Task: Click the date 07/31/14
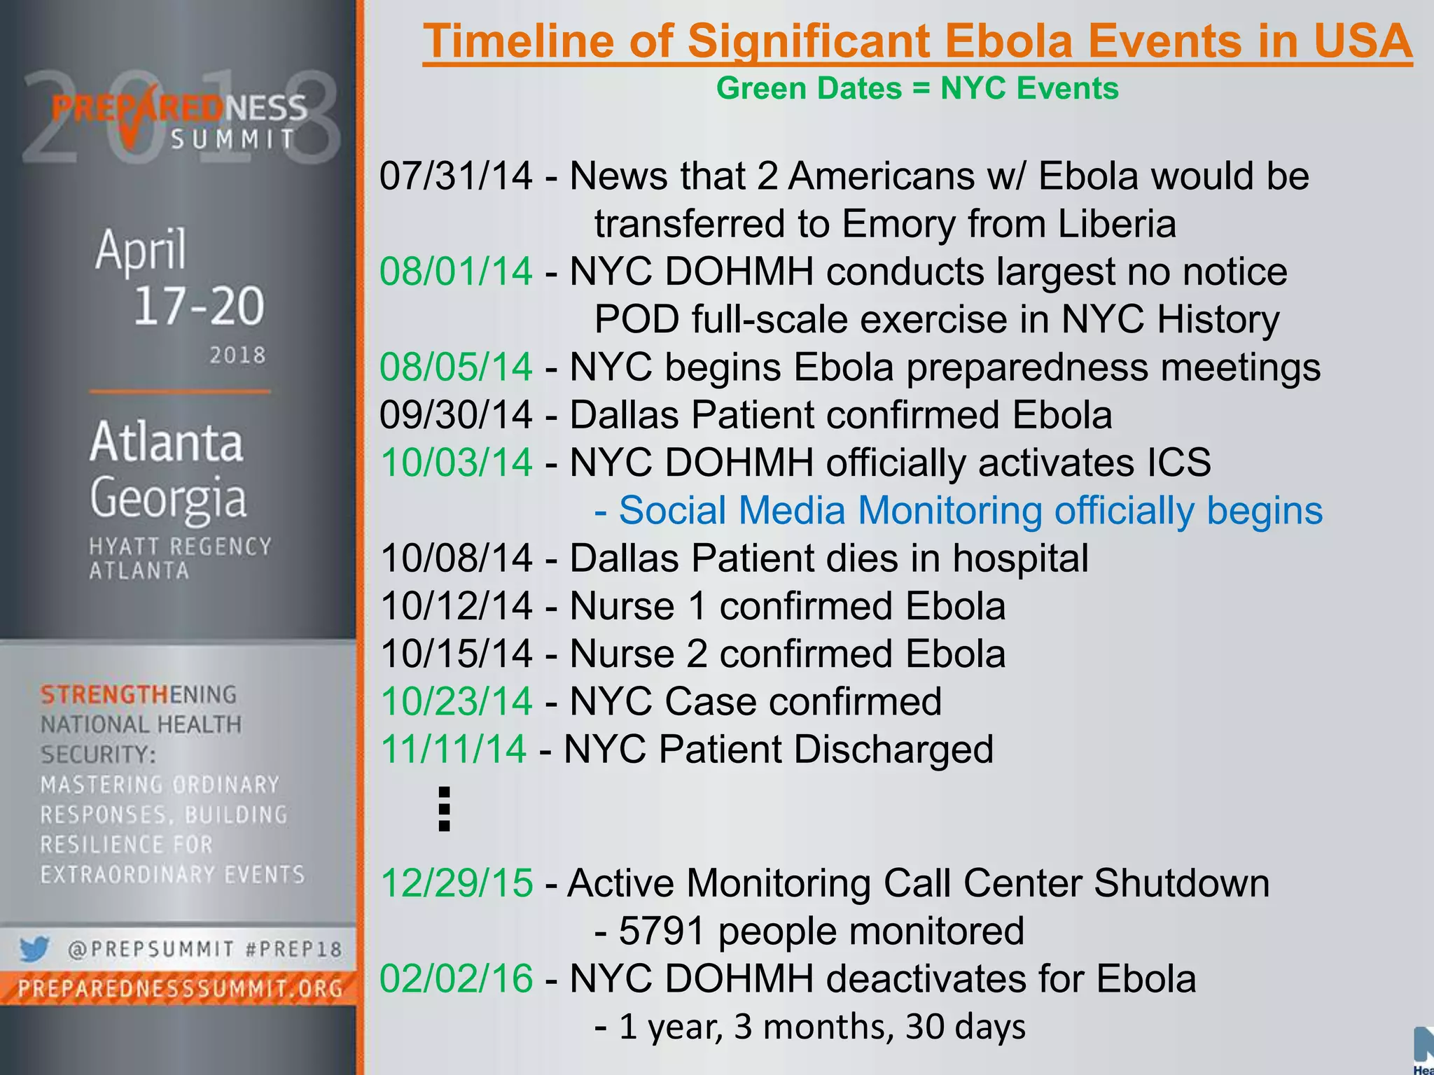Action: (x=456, y=176)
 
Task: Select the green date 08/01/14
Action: (x=456, y=272)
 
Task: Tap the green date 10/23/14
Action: (x=456, y=701)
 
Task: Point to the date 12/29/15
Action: (x=456, y=883)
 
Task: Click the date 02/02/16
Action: (x=456, y=978)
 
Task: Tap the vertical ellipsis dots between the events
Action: (x=444, y=809)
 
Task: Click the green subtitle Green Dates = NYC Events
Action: (x=917, y=89)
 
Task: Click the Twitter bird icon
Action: (x=34, y=949)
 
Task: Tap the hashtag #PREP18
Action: (x=294, y=950)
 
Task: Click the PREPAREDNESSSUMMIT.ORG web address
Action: (x=181, y=989)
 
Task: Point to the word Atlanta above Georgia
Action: (x=167, y=442)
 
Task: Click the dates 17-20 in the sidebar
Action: (x=199, y=306)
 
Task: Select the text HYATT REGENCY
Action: (x=181, y=547)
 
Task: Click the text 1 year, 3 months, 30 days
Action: (x=822, y=1027)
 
